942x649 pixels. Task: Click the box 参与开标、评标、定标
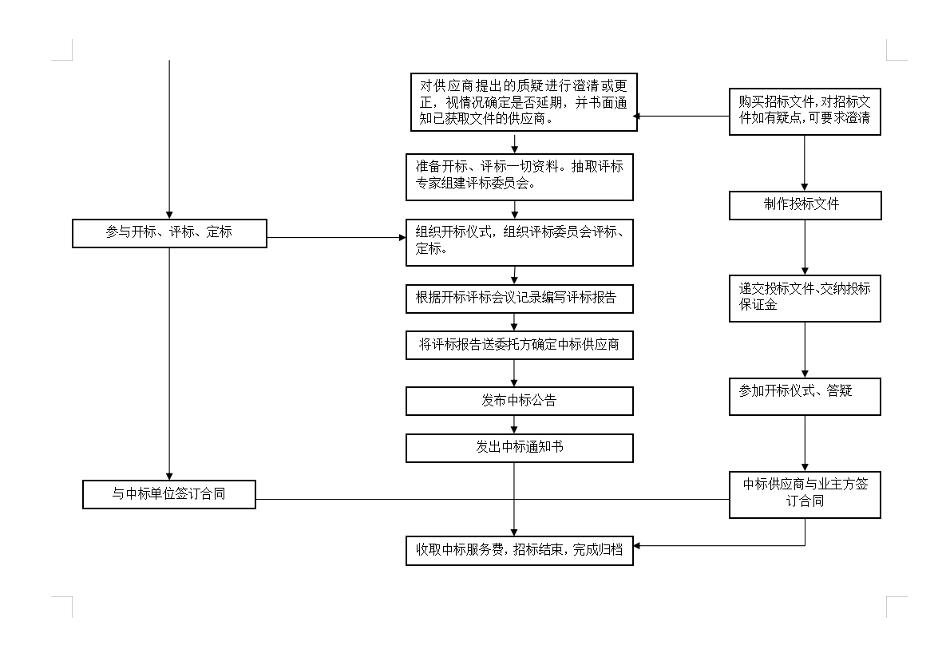point(169,233)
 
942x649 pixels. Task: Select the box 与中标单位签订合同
point(169,494)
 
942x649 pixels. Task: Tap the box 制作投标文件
point(805,205)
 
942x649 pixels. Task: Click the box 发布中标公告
point(519,401)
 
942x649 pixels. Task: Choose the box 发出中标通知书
point(519,448)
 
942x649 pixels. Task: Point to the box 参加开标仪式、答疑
point(805,396)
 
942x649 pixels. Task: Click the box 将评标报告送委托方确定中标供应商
point(519,345)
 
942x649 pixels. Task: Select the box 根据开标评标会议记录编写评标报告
point(519,299)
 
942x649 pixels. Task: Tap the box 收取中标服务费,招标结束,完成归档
point(519,551)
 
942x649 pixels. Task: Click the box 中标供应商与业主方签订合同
point(805,494)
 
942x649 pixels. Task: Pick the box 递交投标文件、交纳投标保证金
point(805,299)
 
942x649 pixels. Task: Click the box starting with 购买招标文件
point(805,112)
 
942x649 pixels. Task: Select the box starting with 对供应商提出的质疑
point(519,101)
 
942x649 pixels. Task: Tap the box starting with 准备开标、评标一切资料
point(519,176)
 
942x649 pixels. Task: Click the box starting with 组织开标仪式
point(519,242)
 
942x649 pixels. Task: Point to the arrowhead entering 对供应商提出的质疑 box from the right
point(636,117)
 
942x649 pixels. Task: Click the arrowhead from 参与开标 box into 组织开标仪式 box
point(402,237)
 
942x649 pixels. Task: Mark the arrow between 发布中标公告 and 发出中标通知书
point(514,425)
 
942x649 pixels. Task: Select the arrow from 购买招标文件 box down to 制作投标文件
point(805,164)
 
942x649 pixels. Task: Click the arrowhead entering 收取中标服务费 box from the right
point(637,546)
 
